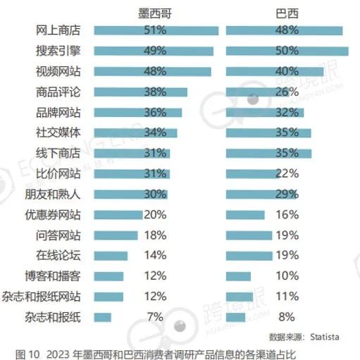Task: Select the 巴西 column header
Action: pos(285,13)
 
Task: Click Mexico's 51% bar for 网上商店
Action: pos(155,30)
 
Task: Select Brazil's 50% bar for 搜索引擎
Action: pos(287,51)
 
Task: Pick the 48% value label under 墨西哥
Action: pos(154,71)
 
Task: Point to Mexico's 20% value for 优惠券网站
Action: pos(154,215)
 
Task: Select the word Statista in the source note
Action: pos(330,335)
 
